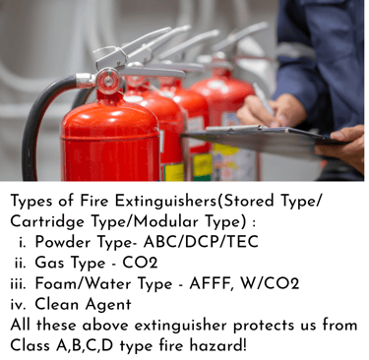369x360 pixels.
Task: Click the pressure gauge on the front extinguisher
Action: tap(108, 81)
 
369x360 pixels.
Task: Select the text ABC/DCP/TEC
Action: tap(201, 242)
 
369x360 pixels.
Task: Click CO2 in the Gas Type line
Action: tap(140, 263)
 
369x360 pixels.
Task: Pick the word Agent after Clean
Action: tap(108, 305)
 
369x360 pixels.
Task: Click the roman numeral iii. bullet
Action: tap(18, 284)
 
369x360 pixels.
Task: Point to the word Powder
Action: tap(63, 242)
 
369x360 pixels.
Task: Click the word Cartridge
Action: tap(47, 222)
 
